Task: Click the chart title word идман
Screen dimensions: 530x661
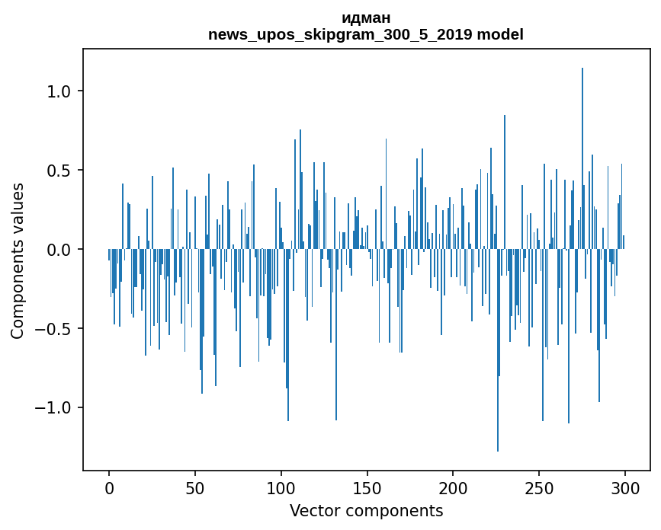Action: click(x=366, y=18)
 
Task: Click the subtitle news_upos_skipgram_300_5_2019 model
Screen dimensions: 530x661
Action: click(x=366, y=34)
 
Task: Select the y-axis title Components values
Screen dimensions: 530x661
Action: click(x=18, y=260)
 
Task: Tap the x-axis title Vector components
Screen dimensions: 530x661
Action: click(x=366, y=510)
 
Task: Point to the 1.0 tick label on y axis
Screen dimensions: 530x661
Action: click(x=59, y=91)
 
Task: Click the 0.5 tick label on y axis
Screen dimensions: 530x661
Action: click(x=59, y=171)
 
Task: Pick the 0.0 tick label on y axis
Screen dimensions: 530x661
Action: click(x=59, y=250)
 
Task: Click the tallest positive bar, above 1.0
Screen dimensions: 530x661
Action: click(x=582, y=152)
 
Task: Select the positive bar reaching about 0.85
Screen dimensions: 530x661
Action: click(x=505, y=183)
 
